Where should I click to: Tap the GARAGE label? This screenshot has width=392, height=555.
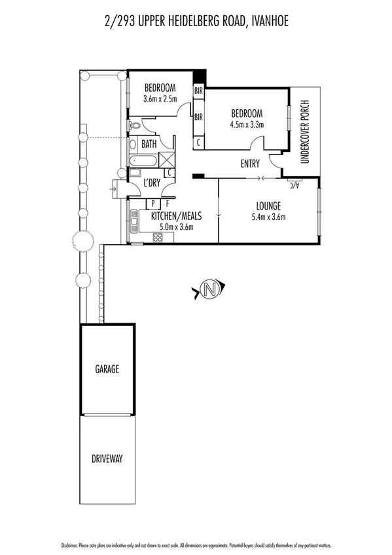(x=109, y=369)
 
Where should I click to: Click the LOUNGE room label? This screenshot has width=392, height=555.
(x=268, y=206)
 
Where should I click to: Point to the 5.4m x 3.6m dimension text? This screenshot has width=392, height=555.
(x=268, y=217)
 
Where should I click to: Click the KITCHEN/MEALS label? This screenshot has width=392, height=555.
(x=176, y=216)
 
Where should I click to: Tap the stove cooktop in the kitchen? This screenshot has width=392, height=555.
(x=157, y=238)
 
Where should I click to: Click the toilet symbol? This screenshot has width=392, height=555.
(x=135, y=124)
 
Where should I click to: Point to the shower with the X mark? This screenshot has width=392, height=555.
(x=166, y=159)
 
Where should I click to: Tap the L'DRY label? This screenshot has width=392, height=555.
(x=152, y=183)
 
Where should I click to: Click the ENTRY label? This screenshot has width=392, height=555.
(x=250, y=164)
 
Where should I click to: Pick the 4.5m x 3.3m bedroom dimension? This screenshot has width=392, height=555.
(x=246, y=124)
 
